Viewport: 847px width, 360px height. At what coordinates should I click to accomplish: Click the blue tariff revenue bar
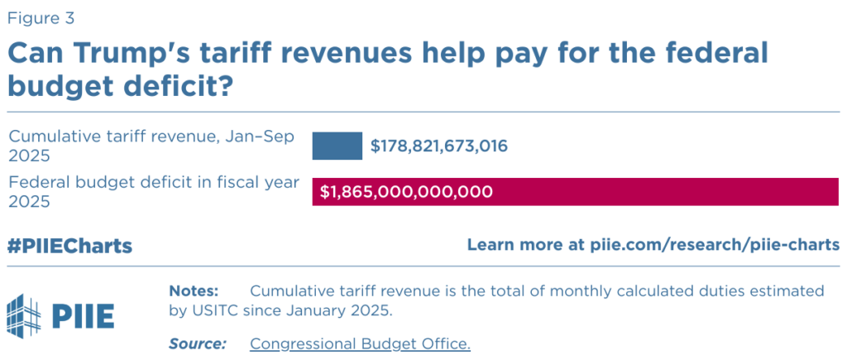click(x=337, y=146)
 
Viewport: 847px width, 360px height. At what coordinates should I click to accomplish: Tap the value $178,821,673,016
click(x=438, y=146)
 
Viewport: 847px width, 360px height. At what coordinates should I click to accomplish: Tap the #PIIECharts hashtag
click(x=69, y=246)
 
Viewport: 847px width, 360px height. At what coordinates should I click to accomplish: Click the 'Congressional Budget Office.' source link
click(x=360, y=343)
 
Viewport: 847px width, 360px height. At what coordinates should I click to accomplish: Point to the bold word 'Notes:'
click(x=194, y=291)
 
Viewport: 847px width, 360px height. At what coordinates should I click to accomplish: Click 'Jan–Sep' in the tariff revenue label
click(x=256, y=137)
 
